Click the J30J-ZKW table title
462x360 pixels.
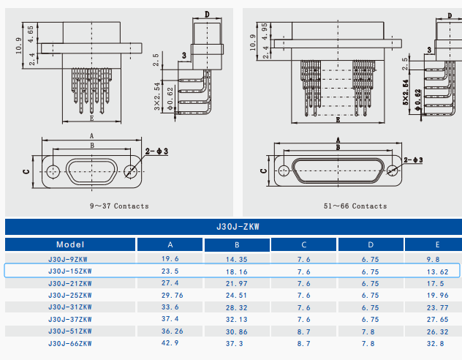click(233, 227)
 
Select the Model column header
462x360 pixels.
click(70, 244)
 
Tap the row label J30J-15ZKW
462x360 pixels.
click(70, 271)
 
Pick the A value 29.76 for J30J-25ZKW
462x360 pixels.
click(170, 295)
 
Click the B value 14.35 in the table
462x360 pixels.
click(237, 259)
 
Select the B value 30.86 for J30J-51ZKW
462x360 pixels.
click(237, 331)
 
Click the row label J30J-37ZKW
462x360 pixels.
click(70, 319)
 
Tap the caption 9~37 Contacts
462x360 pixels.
click(119, 206)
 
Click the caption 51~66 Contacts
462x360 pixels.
click(355, 206)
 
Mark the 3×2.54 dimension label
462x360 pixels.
click(156, 97)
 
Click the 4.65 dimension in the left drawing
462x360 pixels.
click(30, 33)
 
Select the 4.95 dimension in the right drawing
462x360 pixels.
click(264, 29)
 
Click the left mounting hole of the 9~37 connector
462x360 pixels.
click(53, 172)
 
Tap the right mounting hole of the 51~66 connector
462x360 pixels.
click(393, 170)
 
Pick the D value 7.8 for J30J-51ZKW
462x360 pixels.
click(371, 331)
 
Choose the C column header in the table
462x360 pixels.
click(303, 244)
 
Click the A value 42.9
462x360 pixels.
click(170, 342)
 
